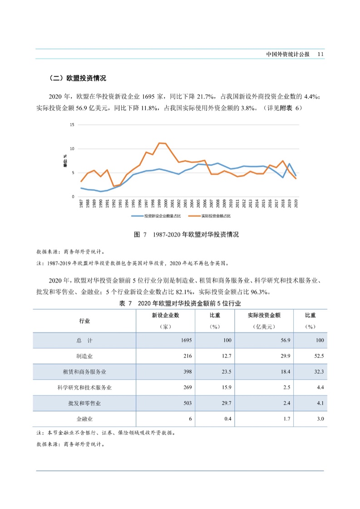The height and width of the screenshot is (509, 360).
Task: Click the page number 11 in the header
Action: [320, 54]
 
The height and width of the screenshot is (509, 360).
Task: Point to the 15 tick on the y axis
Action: [72, 125]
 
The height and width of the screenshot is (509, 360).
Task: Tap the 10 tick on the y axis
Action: [72, 149]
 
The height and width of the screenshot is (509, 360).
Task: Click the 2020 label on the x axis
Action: [296, 204]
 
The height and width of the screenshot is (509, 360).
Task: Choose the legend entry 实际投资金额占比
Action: [218, 216]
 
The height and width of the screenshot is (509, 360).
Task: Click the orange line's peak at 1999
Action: [159, 143]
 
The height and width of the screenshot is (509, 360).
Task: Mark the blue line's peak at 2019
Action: [290, 163]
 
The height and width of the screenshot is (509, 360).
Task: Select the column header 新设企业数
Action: [165, 315]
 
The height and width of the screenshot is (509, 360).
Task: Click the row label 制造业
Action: [84, 356]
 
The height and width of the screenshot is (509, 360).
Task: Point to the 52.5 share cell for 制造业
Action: [319, 356]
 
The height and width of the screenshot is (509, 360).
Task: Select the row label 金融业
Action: [84, 419]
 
